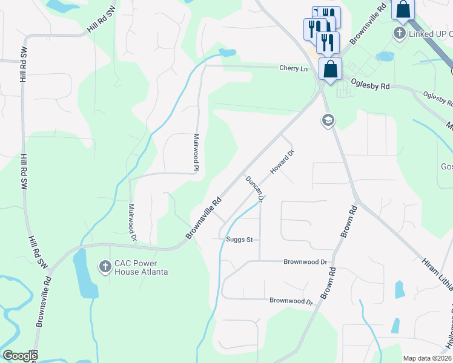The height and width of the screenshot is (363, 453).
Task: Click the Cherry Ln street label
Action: [x=293, y=68]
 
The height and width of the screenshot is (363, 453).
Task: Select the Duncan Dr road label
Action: [x=255, y=188]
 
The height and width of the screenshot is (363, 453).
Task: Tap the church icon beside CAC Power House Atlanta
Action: [x=105, y=266]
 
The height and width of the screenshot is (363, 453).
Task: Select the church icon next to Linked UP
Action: [x=400, y=33]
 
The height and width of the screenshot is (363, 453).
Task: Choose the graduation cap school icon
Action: [x=328, y=121]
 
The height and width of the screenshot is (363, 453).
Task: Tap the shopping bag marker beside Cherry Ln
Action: [x=330, y=68]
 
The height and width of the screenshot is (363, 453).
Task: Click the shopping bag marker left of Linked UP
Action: [x=403, y=10]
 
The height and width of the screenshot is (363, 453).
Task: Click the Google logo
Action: [x=20, y=356]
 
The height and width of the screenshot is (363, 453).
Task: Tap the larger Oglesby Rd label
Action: [x=371, y=86]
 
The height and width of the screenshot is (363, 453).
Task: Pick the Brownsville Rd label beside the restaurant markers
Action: [x=366, y=25]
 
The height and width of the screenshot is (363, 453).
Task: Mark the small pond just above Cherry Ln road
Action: [x=226, y=53]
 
